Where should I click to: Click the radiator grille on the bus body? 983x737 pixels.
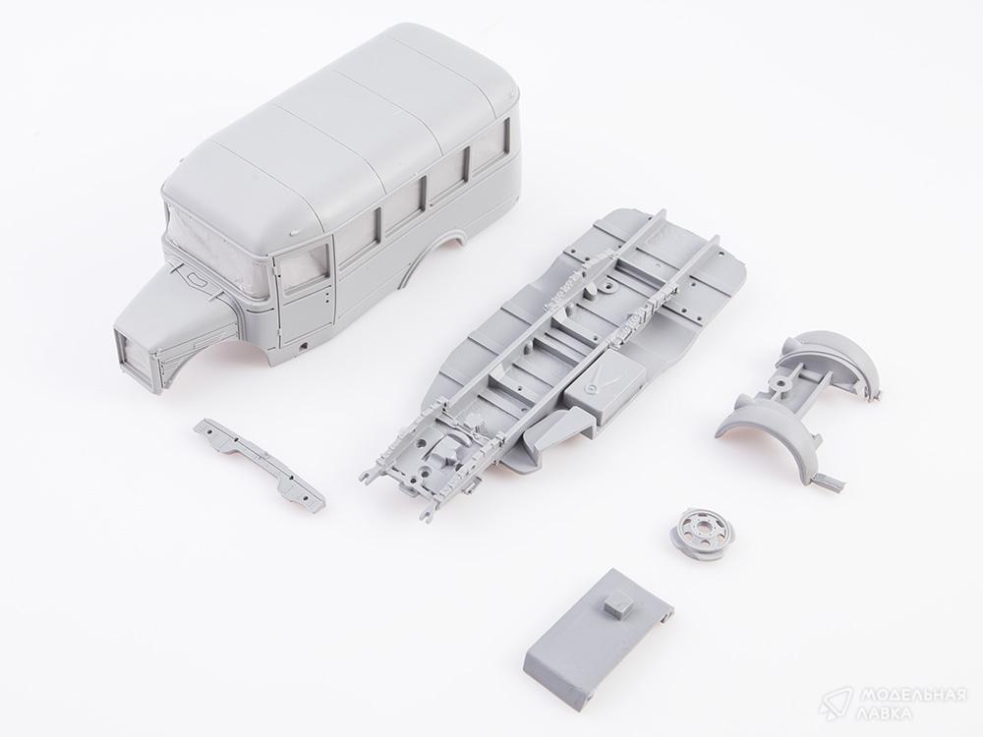(134, 356)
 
